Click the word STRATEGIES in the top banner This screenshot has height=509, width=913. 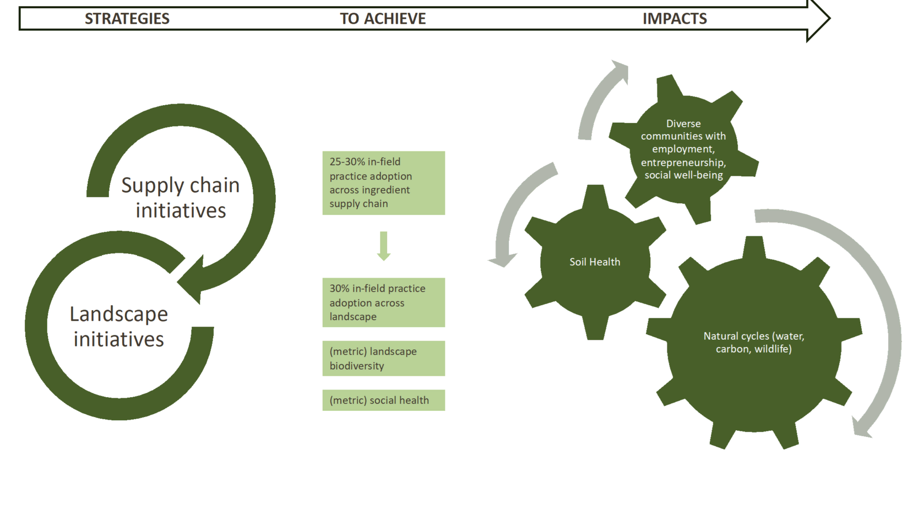click(127, 19)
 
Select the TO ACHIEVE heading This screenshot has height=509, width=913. click(383, 19)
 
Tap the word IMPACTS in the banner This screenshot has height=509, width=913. click(675, 19)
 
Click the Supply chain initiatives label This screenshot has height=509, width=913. click(180, 198)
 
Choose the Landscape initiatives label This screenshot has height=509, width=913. click(118, 326)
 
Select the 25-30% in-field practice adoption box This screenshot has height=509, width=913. click(384, 183)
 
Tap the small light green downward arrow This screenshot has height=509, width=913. click(384, 246)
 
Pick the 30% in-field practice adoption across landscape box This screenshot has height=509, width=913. click(384, 302)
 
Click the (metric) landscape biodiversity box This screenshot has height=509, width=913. click(384, 358)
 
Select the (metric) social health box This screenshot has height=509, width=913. click(384, 400)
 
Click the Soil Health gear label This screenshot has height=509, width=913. click(595, 262)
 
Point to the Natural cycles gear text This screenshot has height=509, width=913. click(754, 342)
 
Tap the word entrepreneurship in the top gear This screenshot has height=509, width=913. click(683, 163)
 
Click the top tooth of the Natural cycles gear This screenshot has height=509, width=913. click(753, 247)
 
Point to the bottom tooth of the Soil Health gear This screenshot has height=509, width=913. click(595, 328)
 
